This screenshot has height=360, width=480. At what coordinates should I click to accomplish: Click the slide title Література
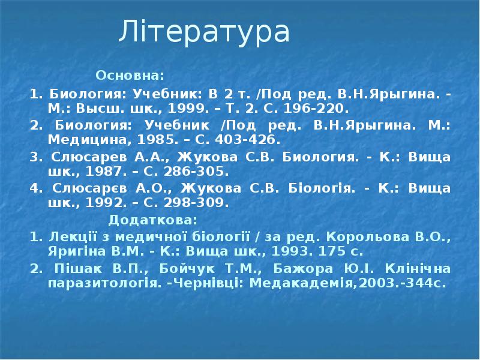tap(204, 32)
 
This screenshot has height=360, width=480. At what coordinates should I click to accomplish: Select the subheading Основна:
tap(130, 76)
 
